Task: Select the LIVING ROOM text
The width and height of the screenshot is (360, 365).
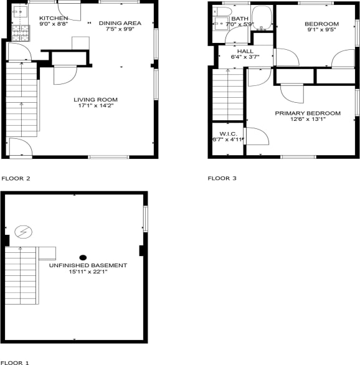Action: point(95,100)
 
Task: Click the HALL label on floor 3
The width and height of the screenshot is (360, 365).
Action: point(245,51)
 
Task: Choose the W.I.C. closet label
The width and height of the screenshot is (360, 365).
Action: point(227,134)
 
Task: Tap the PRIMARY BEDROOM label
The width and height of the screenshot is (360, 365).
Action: point(308,113)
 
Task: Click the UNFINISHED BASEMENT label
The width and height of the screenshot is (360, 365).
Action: point(88,265)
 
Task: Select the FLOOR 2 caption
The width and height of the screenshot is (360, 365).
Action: point(16,178)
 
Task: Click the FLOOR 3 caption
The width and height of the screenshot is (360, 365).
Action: point(222,178)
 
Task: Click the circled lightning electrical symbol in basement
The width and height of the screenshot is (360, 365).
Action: point(24,232)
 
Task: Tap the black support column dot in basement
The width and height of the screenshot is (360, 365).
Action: point(83,257)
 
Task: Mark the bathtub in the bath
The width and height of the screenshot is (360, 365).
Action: point(262,17)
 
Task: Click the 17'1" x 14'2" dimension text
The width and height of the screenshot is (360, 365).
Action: point(95,106)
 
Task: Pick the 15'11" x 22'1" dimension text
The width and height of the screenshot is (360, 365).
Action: point(88,272)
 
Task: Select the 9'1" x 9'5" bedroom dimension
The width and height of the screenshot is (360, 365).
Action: point(321,30)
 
